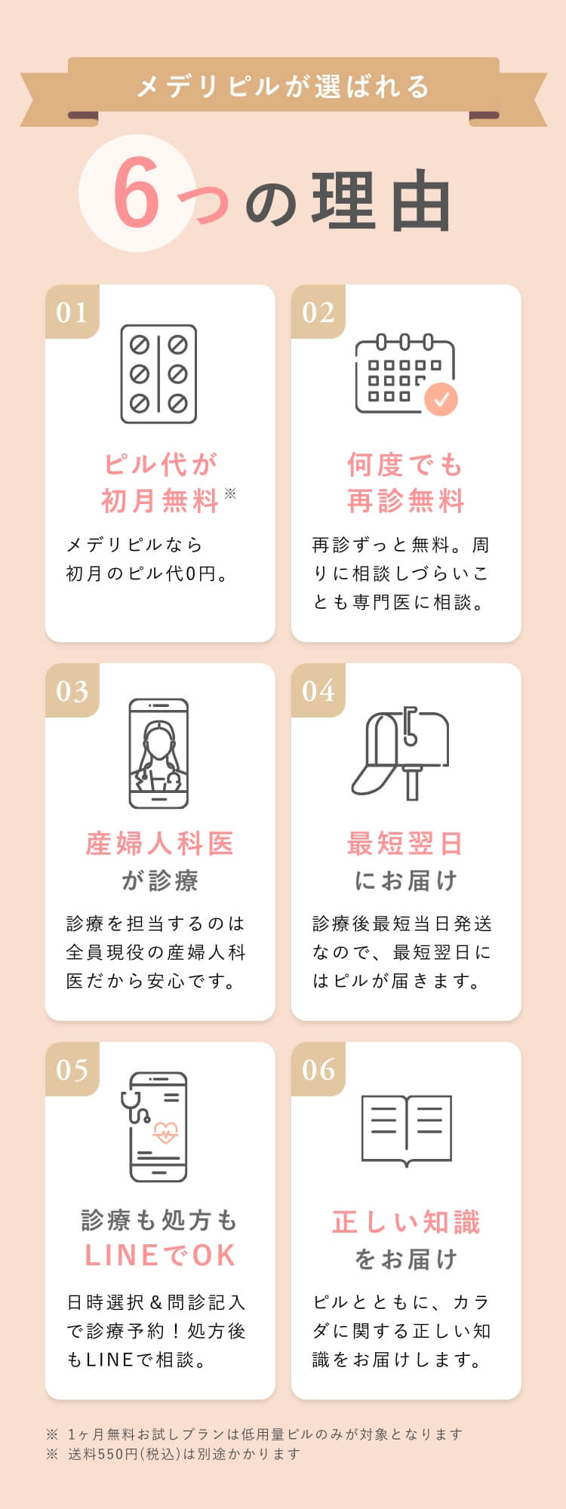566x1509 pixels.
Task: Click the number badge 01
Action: [x=72, y=312]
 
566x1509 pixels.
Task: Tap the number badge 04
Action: [x=318, y=691]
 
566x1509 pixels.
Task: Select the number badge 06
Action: [x=318, y=1070]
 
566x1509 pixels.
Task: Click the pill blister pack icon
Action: [x=159, y=374]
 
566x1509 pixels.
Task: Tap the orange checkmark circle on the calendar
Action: [x=441, y=398]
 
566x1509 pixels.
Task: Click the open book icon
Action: [x=406, y=1130]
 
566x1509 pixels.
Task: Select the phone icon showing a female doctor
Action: [x=159, y=753]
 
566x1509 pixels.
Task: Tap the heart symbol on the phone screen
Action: [x=165, y=1133]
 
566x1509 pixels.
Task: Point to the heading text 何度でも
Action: [x=405, y=465]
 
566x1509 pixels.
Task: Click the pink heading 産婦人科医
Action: [x=159, y=844]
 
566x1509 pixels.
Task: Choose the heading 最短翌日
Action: [x=405, y=844]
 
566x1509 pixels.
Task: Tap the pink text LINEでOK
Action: [x=160, y=1255]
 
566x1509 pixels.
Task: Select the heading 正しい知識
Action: [x=406, y=1222]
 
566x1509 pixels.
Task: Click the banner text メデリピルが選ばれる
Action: [x=283, y=87]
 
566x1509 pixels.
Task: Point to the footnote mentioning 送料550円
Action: [x=174, y=1454]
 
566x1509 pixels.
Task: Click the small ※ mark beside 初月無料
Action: [x=230, y=493]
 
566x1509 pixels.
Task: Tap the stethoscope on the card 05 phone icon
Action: [x=134, y=1106]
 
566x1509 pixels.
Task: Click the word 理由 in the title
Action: [x=381, y=201]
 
